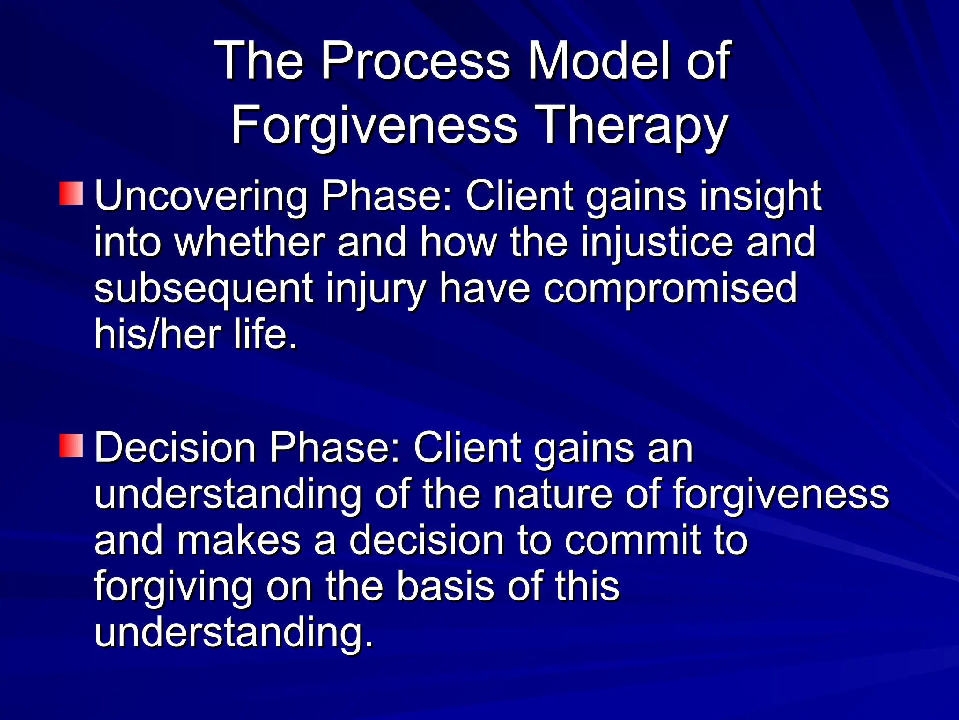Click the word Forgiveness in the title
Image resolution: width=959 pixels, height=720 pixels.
(x=374, y=126)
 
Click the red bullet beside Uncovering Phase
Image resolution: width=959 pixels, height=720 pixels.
(x=71, y=194)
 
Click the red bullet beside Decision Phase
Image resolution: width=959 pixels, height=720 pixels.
(x=71, y=445)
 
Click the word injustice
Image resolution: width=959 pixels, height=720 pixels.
(x=657, y=242)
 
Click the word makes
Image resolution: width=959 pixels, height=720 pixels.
(x=238, y=540)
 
